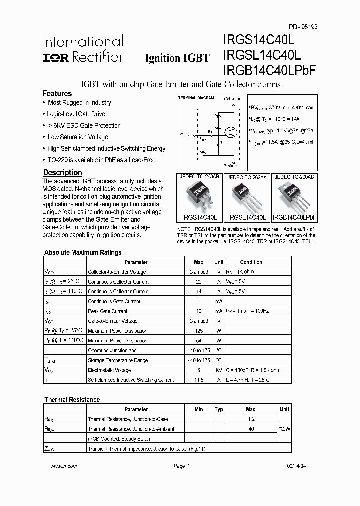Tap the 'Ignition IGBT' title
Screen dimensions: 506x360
177,58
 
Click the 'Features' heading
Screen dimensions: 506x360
57,94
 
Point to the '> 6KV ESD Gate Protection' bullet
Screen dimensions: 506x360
84,126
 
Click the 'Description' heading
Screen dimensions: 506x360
62,173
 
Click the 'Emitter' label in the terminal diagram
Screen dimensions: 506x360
230,166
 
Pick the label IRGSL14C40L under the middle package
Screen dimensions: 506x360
247,217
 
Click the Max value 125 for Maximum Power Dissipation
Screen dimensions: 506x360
199,331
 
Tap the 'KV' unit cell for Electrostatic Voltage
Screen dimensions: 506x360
219,370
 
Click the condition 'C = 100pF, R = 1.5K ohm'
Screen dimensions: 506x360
253,370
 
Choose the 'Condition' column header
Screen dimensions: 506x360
251,262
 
